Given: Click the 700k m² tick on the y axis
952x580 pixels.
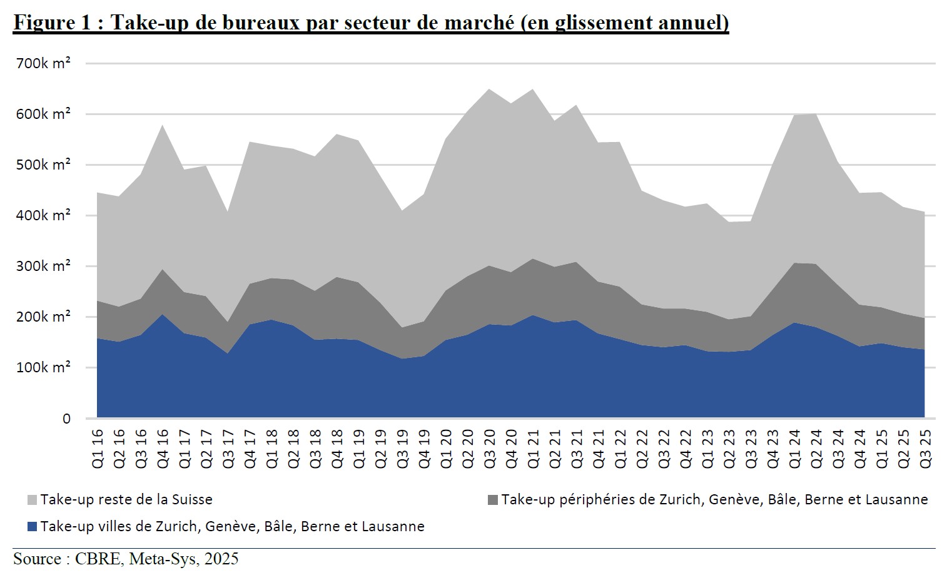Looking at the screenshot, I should tap(43, 63).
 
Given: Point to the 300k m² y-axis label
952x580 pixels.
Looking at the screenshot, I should tap(43, 266).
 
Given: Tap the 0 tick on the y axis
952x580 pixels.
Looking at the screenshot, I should tap(66, 419).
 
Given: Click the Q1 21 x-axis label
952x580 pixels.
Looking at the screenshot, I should tap(534, 448).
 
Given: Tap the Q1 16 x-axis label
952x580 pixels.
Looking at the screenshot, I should tap(98, 448).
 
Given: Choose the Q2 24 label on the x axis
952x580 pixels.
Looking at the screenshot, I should tap(816, 448).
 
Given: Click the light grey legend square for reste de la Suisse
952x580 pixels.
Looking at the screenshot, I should tap(33, 500).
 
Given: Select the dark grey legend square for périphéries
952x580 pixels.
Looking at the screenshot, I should tap(493, 500).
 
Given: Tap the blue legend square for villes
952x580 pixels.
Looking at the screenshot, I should tap(33, 527).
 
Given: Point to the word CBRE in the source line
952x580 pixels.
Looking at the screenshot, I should tap(98, 559).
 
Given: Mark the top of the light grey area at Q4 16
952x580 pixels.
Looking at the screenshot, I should tap(163, 125).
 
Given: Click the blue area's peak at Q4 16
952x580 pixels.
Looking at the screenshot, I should tap(163, 315).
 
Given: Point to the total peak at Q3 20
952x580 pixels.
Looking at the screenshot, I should tap(490, 89).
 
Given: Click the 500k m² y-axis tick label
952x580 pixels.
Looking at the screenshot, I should tap(43, 165).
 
